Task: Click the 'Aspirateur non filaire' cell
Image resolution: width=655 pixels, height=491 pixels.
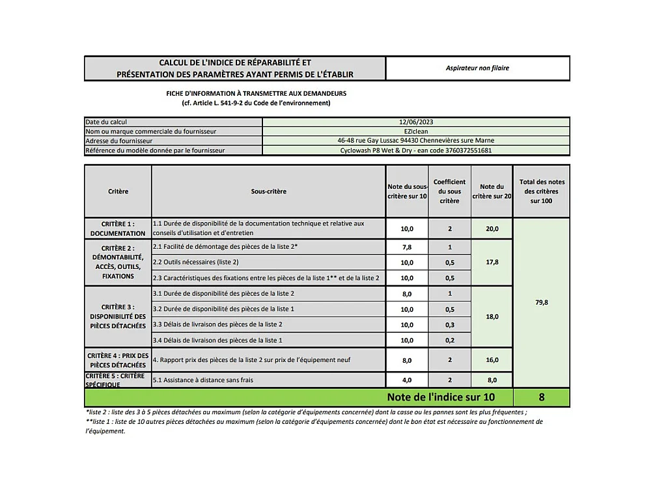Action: click(x=477, y=68)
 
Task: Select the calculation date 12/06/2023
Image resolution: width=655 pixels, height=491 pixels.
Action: click(x=416, y=122)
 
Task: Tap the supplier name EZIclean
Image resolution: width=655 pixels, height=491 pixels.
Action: click(x=416, y=131)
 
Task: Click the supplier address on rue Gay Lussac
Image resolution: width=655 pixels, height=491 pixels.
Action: click(x=416, y=141)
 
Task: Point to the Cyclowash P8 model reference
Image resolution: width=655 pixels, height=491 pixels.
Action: click(x=416, y=150)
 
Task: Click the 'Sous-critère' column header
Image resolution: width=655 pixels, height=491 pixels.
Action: click(x=268, y=191)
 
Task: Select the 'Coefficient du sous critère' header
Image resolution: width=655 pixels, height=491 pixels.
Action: click(x=449, y=191)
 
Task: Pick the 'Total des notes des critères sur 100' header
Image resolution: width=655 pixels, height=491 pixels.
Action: click(x=542, y=191)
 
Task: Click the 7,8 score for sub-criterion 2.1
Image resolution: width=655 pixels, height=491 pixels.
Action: click(x=407, y=247)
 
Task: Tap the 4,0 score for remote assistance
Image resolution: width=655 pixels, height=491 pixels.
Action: click(x=407, y=380)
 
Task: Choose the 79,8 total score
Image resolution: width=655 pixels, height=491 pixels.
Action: click(x=542, y=302)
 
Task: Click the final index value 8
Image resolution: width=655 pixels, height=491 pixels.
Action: click(x=542, y=397)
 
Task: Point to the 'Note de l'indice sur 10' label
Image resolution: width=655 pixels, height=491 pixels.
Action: click(x=441, y=397)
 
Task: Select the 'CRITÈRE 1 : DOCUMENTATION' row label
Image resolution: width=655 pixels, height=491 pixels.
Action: click(x=118, y=229)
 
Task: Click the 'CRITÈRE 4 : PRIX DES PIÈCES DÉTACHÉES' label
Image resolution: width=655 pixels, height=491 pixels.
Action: click(x=118, y=360)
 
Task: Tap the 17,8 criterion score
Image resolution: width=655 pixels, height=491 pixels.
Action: click(x=492, y=262)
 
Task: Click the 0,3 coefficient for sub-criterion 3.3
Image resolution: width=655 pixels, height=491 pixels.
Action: click(x=449, y=324)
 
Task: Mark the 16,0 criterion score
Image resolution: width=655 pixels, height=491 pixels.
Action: click(x=492, y=360)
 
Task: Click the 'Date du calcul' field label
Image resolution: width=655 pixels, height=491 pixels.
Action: click(x=106, y=122)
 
